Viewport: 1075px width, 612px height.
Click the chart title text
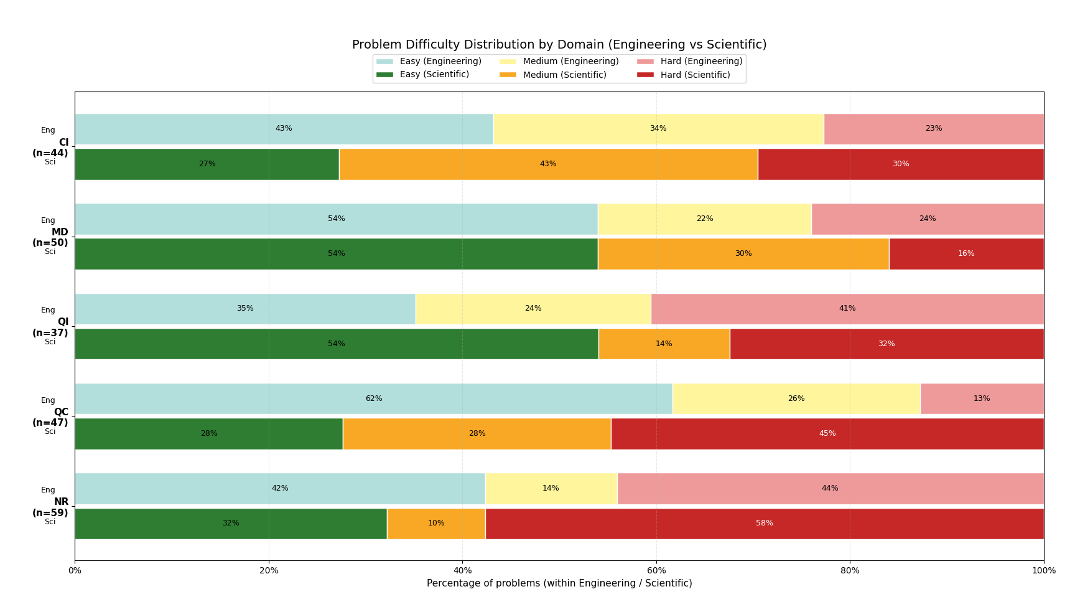559,45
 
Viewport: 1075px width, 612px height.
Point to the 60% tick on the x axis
656,570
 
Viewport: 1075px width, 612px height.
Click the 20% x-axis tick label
269,570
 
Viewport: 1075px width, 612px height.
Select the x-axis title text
559,583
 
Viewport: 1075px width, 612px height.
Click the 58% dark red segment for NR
765,524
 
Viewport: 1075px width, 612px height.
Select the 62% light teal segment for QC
373,398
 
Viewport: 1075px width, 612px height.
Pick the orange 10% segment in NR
436,524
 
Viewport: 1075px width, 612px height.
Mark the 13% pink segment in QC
982,398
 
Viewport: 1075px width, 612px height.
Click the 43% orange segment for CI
548,164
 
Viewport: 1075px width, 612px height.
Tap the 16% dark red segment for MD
966,253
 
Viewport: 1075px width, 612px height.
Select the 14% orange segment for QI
664,344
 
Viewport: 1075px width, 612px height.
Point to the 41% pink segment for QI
847,309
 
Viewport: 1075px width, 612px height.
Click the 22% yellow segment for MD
704,219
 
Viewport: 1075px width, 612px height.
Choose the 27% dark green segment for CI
207,164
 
